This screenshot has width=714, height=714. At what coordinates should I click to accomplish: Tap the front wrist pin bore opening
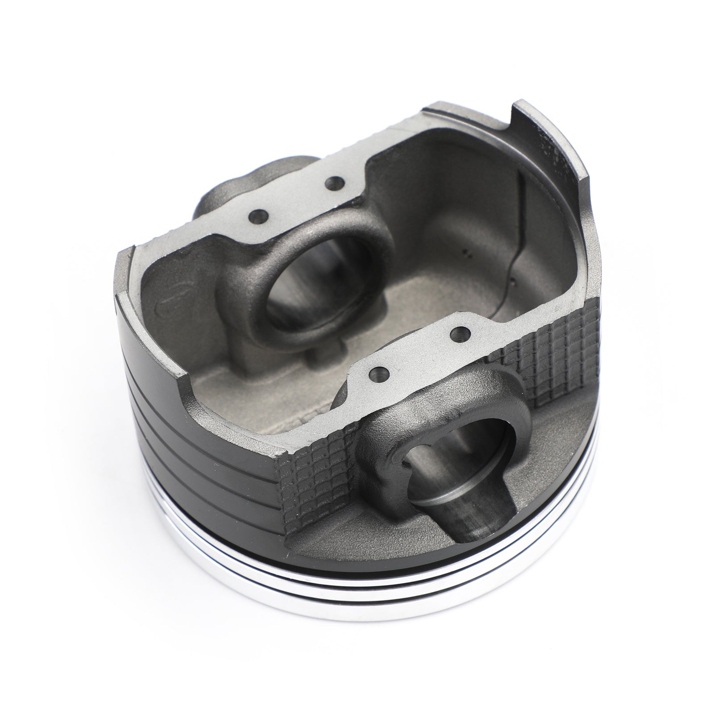[x=464, y=464]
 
